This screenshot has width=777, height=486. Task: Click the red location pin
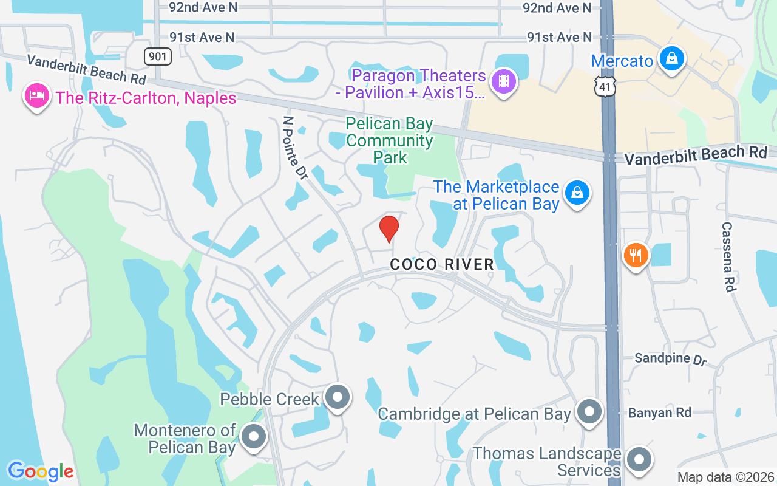[388, 228]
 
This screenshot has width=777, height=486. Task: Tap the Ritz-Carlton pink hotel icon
[37, 97]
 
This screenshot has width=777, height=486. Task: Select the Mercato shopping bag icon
[671, 59]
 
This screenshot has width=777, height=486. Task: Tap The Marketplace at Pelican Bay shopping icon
[577, 193]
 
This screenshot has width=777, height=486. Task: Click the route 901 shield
[158, 56]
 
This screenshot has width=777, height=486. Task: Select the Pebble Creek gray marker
[338, 397]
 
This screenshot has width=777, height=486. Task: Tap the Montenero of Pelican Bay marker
[253, 437]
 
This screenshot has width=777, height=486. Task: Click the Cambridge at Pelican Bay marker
[588, 412]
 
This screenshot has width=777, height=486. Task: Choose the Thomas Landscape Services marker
[638, 460]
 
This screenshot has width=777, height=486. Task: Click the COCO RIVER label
[442, 264]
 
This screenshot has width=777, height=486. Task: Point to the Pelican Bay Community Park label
[390, 141]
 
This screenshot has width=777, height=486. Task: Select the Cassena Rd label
[728, 256]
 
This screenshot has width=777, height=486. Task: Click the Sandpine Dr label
[671, 358]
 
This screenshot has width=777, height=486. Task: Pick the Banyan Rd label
[659, 412]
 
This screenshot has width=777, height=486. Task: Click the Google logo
[41, 471]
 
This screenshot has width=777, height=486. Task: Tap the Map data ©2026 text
[725, 477]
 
